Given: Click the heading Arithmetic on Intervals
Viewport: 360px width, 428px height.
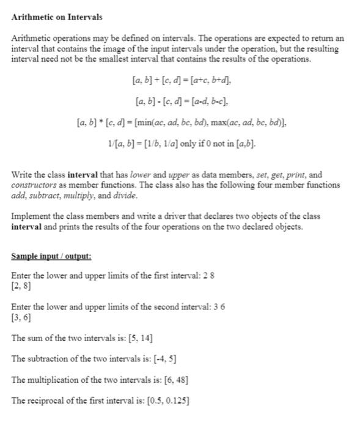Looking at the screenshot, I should [x=57, y=17].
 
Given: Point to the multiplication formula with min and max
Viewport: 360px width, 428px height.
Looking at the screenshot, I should [x=182, y=123].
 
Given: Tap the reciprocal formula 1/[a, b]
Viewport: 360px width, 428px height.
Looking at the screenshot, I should [x=182, y=144].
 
